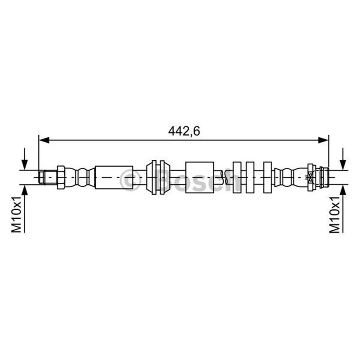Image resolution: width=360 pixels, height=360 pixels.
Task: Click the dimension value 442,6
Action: coord(184,131)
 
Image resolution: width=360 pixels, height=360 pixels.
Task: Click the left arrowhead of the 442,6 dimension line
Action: coord(44,140)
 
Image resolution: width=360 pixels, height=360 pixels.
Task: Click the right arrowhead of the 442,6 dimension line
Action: coord(323,140)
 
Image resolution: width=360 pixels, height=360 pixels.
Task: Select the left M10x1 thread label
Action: coord(17,214)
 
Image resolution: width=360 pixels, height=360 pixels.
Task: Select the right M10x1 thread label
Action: coord(334,214)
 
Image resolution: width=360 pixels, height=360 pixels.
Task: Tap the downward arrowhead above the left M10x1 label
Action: coord(24,165)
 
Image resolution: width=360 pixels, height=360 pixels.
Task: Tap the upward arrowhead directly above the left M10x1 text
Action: coord(24,190)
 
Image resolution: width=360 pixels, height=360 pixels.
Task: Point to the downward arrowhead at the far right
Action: coord(343,165)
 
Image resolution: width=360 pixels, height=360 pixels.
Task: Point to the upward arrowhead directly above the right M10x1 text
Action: coord(343,190)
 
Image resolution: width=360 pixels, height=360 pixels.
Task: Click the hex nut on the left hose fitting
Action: coord(61,177)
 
